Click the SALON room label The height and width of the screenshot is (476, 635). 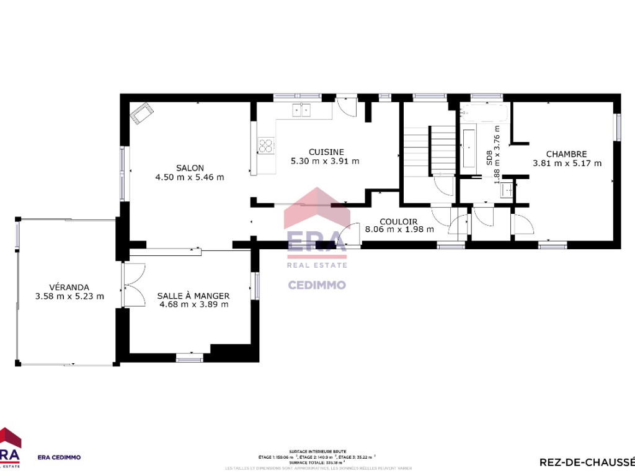(190, 167)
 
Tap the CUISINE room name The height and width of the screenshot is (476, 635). (326, 152)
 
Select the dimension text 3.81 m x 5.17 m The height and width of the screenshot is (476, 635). (567, 164)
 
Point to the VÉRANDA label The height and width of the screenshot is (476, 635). (69, 287)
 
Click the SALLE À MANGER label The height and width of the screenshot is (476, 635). (193, 296)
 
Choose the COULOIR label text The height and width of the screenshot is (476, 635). (398, 221)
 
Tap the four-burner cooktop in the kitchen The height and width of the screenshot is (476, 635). (266, 146)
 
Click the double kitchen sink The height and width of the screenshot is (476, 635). (302, 110)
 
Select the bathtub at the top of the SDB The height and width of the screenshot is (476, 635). (485, 113)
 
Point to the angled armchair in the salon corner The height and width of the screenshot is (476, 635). (142, 113)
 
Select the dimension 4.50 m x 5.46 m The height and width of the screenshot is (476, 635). (190, 177)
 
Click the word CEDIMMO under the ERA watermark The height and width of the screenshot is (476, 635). (317, 285)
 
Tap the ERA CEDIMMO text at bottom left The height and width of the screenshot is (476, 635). (60, 457)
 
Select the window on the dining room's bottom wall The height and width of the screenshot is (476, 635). (189, 358)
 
